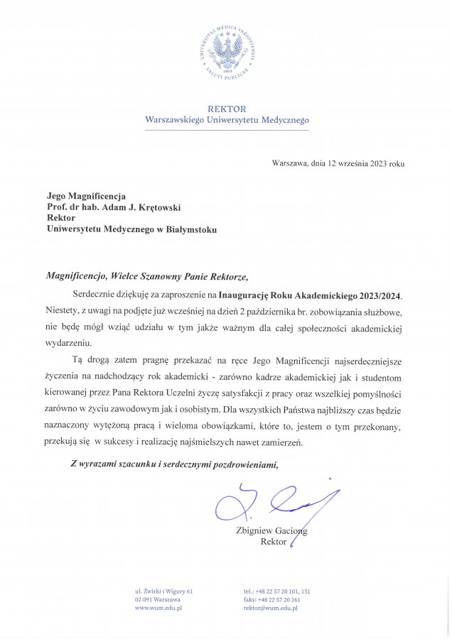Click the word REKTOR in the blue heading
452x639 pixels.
coord(226,109)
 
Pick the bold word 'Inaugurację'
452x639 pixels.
coord(247,293)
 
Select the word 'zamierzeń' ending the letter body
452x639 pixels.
coord(282,442)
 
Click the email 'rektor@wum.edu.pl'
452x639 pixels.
coord(272,609)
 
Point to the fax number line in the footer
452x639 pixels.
coord(271,600)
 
